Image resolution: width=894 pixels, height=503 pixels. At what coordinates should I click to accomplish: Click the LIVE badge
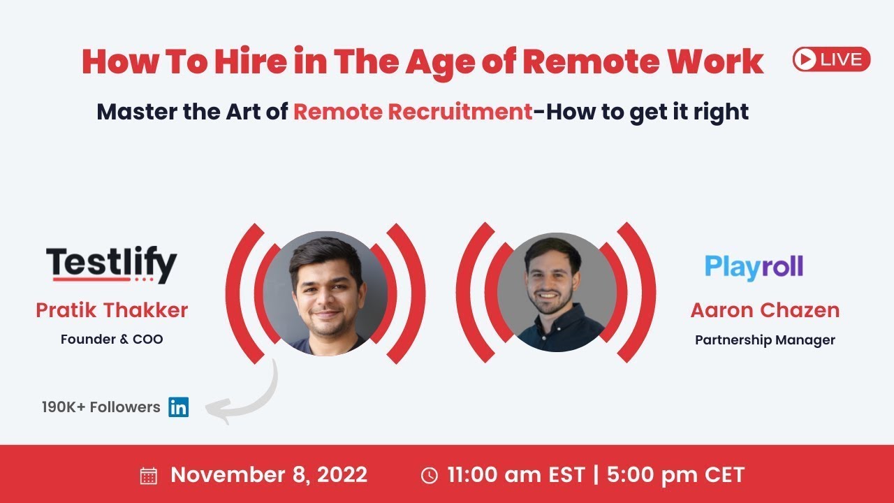[x=831, y=59]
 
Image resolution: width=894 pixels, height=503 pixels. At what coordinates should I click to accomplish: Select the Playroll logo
[x=754, y=267]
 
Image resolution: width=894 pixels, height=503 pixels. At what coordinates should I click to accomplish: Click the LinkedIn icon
[x=179, y=407]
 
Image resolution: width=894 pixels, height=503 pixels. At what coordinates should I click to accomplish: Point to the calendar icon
[x=149, y=476]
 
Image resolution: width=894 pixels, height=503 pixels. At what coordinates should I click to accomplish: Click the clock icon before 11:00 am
[x=430, y=476]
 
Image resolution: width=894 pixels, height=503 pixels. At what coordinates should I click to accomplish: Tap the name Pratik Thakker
[x=112, y=310]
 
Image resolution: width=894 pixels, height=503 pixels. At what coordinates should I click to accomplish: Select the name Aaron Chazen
[x=765, y=310]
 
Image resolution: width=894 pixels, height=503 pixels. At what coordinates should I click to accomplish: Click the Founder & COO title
[x=112, y=340]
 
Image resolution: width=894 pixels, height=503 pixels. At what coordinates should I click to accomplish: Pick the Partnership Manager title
[x=765, y=340]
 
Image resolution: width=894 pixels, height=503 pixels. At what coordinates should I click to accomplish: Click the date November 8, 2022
[x=269, y=475]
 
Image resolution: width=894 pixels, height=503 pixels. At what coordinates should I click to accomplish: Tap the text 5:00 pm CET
[x=675, y=475]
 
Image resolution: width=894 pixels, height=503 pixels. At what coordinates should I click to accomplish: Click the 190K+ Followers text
[x=101, y=407]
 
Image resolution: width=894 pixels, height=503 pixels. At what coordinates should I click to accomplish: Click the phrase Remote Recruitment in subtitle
[x=413, y=111]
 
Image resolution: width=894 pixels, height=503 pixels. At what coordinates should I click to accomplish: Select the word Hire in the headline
[x=242, y=61]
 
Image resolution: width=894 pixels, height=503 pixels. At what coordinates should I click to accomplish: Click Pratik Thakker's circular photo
[x=325, y=293]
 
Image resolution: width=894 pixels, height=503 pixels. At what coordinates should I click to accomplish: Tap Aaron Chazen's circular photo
[x=557, y=293]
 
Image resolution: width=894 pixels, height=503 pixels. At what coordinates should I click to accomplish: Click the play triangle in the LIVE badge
[x=805, y=59]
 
